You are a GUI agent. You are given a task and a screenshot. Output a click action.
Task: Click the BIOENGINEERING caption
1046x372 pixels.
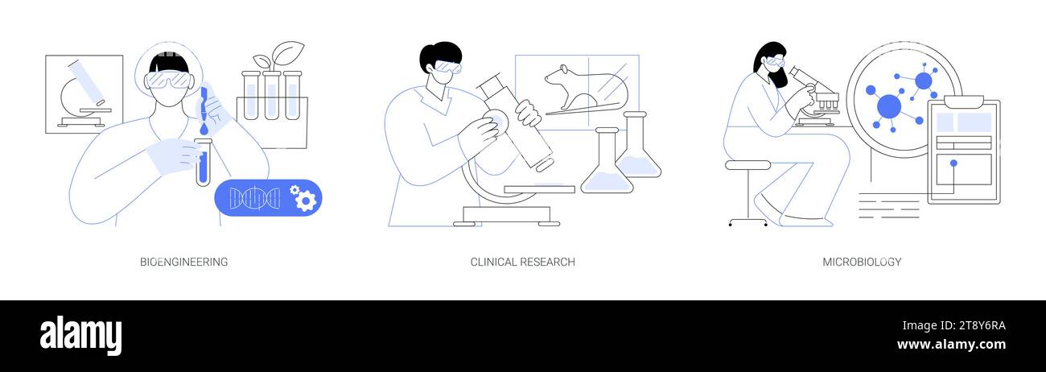click(x=183, y=262)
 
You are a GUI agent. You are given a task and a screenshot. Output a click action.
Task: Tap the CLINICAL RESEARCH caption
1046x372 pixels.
click(x=522, y=262)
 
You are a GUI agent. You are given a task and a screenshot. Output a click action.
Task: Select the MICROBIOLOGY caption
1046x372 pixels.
click(x=862, y=262)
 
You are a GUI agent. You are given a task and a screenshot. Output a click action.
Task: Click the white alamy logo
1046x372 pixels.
click(x=80, y=336)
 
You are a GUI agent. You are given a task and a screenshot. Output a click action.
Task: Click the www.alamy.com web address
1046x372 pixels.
click(x=951, y=345)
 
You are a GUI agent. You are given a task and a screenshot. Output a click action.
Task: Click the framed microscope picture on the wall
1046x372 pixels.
click(x=84, y=94)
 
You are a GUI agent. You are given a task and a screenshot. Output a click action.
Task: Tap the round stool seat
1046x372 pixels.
click(x=747, y=165)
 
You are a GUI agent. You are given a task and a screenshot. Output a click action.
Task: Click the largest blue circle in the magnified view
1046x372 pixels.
click(x=888, y=106)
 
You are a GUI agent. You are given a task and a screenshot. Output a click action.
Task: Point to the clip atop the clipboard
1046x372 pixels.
click(x=963, y=101)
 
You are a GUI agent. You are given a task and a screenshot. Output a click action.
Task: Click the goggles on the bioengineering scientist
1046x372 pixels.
click(x=169, y=80)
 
